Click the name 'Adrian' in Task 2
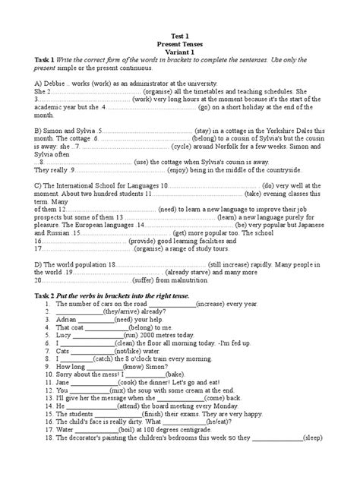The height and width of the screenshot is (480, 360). [66, 319]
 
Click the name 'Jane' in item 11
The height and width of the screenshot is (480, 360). [63, 383]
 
